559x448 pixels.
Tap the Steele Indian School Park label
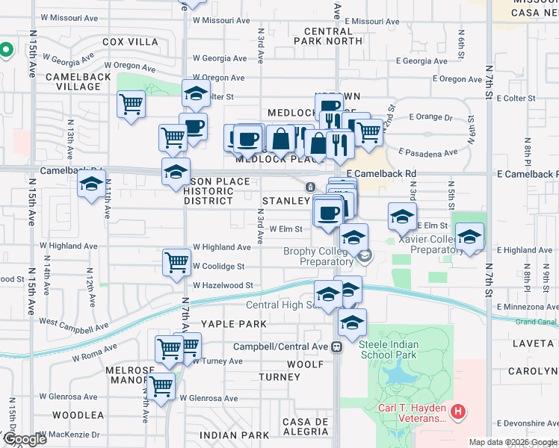[388, 349]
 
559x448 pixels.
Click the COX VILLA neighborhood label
[131, 42]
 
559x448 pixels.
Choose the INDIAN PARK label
[234, 435]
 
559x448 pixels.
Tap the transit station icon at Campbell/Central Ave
[336, 346]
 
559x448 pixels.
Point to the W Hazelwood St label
[223, 285]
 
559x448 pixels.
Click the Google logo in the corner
[24, 439]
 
